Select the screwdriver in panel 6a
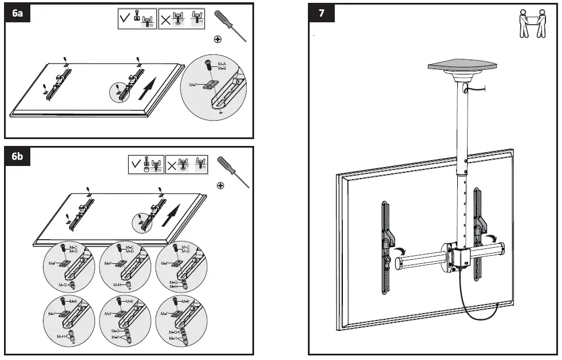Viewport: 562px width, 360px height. [x=231, y=25]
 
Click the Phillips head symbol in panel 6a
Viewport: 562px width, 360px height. [x=217, y=39]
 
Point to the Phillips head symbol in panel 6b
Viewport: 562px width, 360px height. [x=219, y=185]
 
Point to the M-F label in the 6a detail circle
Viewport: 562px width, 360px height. [x=193, y=85]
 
